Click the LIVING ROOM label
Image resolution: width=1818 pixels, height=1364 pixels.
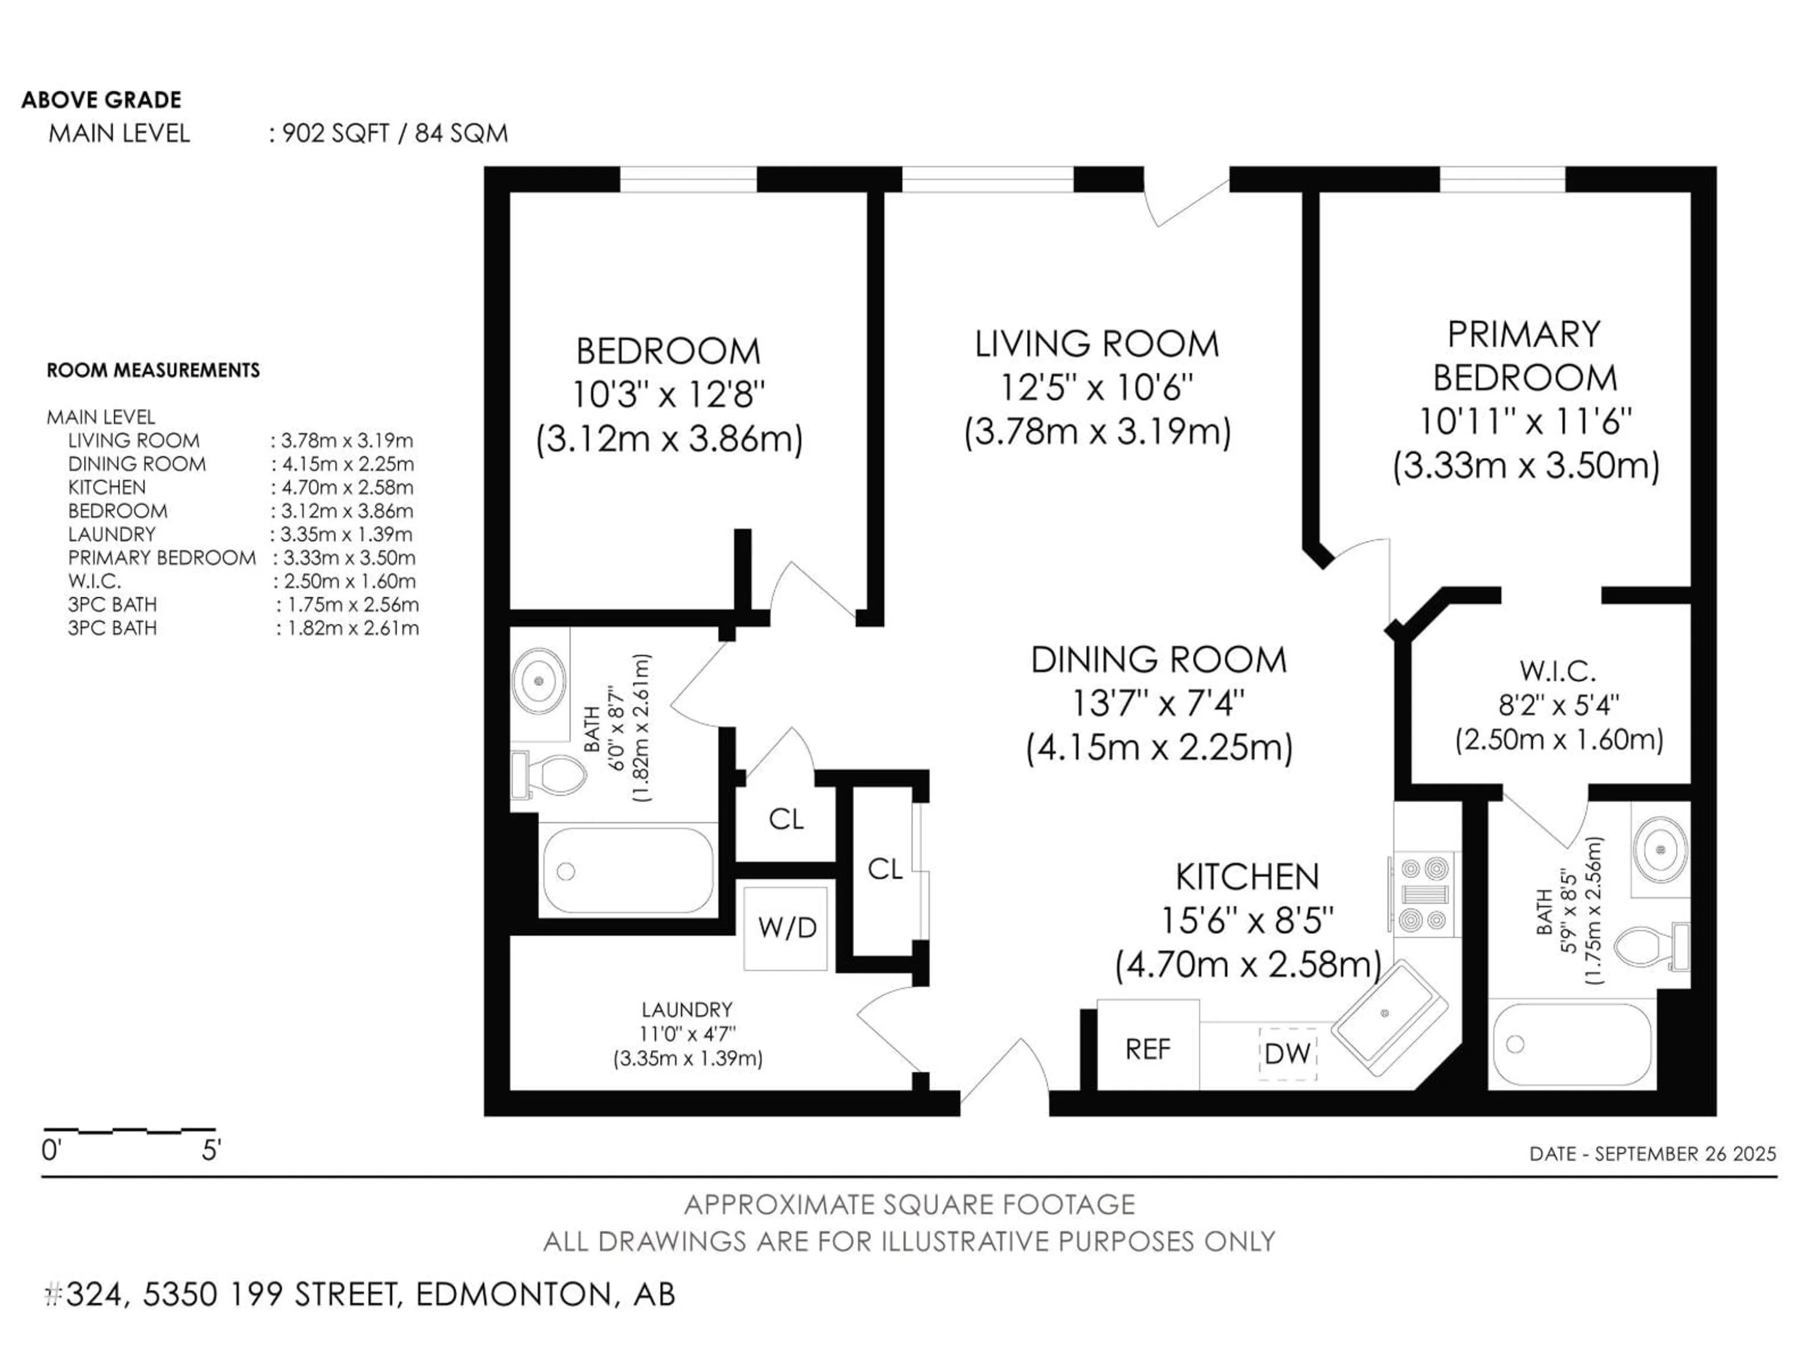1096,344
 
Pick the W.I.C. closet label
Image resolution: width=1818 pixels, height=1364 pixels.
1558,672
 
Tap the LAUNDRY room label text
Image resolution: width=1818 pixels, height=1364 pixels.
687,1010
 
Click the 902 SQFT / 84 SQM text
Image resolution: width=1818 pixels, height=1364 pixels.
394,133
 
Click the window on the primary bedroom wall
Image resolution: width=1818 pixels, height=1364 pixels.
1502,179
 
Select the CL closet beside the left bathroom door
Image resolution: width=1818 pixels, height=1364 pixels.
786,819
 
